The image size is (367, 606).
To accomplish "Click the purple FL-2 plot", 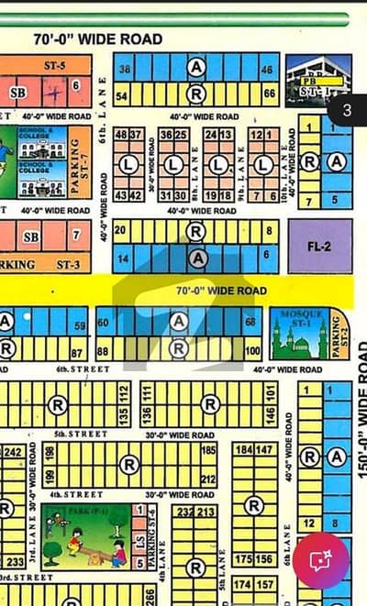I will click(319, 246).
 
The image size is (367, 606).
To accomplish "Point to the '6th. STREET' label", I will click(83, 369).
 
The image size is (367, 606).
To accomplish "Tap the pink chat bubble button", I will click(320, 559).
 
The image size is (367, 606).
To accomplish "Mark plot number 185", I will click(208, 450).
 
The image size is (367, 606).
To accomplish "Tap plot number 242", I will click(14, 452).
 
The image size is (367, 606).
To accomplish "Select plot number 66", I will click(269, 94).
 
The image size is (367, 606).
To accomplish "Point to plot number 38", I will click(124, 70).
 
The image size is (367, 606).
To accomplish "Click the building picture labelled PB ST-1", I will click(317, 80).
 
